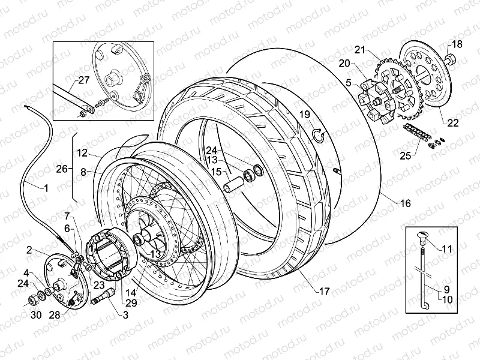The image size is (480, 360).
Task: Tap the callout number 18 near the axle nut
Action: click(457, 44)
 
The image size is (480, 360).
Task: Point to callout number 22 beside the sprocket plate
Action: click(452, 123)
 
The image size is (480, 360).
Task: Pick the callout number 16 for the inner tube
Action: click(405, 203)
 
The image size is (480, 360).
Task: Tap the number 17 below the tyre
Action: click(323, 292)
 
